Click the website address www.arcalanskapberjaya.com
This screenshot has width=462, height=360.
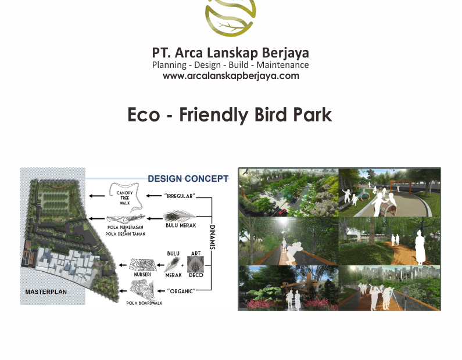tap(231, 75)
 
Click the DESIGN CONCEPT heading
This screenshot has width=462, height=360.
tap(188, 179)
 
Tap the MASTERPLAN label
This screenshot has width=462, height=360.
tap(46, 292)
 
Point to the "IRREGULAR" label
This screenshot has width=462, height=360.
tap(180, 196)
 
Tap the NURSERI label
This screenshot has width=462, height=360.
tap(143, 275)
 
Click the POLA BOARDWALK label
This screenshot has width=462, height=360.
tap(143, 303)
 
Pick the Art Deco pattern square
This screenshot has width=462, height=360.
tap(196, 265)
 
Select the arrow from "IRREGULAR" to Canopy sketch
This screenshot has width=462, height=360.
tap(153, 196)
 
